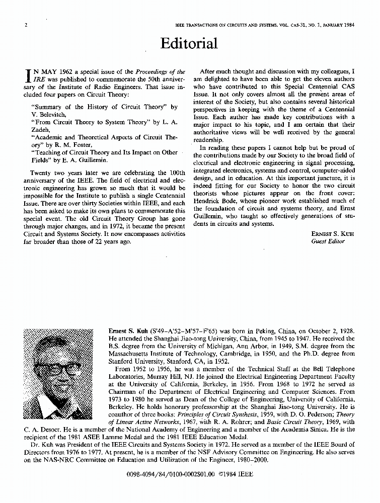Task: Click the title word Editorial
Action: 189,44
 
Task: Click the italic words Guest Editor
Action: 328,241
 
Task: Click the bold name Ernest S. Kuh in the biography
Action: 129,331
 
